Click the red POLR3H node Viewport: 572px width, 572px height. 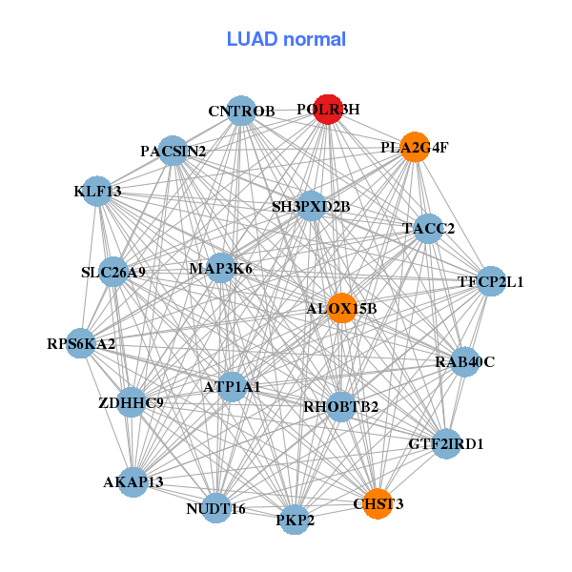click(328, 110)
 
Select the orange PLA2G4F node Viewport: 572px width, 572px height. click(414, 147)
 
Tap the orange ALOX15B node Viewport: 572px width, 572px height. click(342, 308)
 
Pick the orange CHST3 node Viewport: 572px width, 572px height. click(378, 503)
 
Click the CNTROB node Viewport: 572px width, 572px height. click(242, 111)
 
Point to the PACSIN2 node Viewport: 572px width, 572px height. click(173, 151)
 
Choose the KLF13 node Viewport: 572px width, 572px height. click(97, 191)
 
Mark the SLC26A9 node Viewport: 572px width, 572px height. click(113, 272)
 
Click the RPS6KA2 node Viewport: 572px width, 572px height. click(81, 342)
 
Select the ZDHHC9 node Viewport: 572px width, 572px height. click(132, 402)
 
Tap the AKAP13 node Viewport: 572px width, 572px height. click(133, 481)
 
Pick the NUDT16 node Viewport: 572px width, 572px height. click(216, 508)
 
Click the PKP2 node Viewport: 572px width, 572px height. click(295, 520)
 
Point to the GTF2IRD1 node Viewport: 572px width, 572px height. click(446, 443)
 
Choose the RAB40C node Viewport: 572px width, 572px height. click(464, 361)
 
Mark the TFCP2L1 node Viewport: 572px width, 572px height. click(490, 281)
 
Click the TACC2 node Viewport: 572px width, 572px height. click(428, 228)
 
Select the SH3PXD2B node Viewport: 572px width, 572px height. click(311, 205)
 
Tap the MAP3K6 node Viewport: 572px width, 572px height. click(220, 268)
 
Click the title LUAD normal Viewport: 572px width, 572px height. click(286, 39)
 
